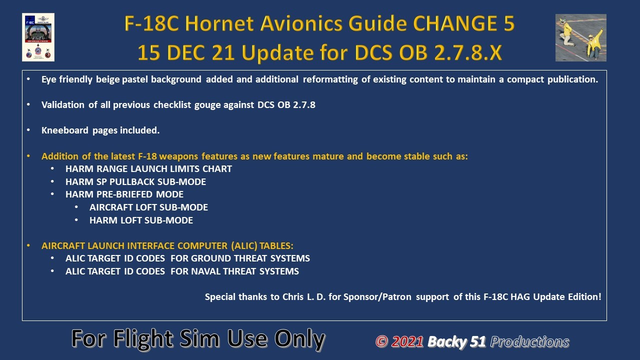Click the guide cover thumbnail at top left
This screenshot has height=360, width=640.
tap(38, 37)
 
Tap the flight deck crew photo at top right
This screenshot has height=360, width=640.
tap(581, 37)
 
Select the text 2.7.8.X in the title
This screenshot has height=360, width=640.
tap(468, 53)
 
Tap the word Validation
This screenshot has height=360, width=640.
tap(63, 105)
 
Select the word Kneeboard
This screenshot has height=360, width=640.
tap(65, 130)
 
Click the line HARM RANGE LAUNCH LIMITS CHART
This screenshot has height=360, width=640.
tap(148, 169)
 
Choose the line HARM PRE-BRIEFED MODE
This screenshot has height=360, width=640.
tap(124, 194)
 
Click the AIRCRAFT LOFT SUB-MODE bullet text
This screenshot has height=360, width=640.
tap(148, 207)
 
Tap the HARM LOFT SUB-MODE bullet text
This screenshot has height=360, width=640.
tap(141, 220)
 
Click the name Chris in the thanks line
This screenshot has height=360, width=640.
tap(293, 297)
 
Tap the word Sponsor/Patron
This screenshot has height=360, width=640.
tap(377, 297)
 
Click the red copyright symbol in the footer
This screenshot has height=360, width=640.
tap(381, 341)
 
